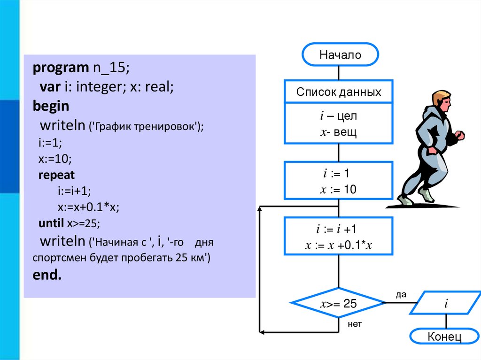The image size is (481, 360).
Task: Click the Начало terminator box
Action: tap(340, 55)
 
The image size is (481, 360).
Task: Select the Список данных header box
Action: tap(339, 92)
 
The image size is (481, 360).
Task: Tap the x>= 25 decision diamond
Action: tap(338, 304)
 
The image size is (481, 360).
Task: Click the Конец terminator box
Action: tap(444, 337)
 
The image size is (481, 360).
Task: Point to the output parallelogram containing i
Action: tap(446, 304)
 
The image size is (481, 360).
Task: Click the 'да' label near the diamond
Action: tap(400, 295)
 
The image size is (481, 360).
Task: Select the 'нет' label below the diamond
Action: tap(355, 324)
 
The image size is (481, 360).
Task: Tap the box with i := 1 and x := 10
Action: tap(339, 181)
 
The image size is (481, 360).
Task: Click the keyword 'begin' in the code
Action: tap(51, 106)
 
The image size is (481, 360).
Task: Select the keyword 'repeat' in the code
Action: tap(56, 176)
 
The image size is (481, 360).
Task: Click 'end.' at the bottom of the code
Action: tap(47, 275)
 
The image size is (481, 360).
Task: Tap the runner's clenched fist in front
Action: tap(460, 136)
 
